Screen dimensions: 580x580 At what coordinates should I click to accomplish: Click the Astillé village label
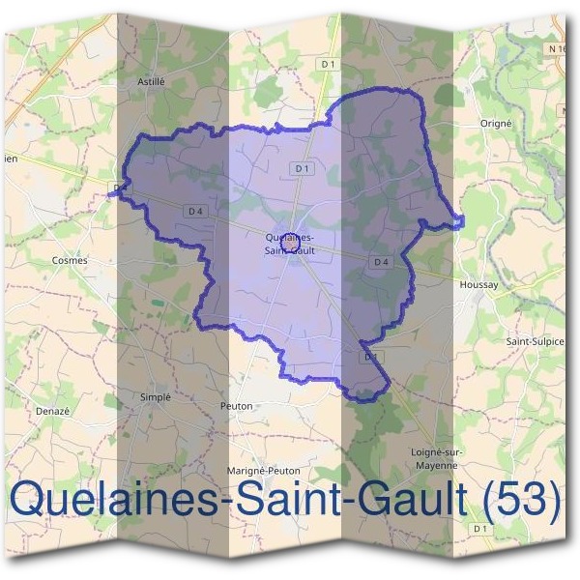tap(152, 82)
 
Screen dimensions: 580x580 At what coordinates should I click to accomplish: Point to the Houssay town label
tap(478, 285)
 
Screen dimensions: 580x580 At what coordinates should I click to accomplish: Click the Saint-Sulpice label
tap(535, 341)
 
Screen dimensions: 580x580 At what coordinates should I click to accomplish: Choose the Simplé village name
tap(156, 396)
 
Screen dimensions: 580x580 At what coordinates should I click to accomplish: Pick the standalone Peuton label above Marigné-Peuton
tap(237, 406)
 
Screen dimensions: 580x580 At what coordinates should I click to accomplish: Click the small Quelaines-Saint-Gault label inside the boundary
tap(288, 244)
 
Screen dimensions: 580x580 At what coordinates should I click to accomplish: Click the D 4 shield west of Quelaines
tap(196, 211)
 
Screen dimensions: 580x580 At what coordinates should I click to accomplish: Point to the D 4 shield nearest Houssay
tap(381, 262)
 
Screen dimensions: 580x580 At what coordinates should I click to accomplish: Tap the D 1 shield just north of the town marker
tap(302, 168)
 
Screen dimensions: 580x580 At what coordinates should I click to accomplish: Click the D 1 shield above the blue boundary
tap(330, 65)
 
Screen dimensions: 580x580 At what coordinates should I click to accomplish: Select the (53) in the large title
tap(522, 499)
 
